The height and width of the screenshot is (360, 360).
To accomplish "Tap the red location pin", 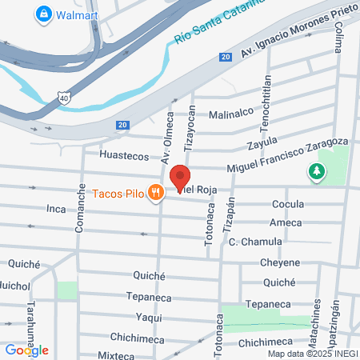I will click(x=181, y=177).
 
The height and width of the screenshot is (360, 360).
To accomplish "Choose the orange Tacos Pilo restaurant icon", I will click(x=157, y=192).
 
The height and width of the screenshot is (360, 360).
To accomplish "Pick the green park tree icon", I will click(x=318, y=170).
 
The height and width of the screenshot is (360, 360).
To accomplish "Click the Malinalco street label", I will click(x=231, y=114).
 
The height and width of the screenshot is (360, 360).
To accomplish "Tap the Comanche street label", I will click(x=81, y=209).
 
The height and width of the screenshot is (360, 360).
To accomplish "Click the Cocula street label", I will click(x=288, y=204).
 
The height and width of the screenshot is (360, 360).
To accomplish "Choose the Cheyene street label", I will click(x=279, y=262).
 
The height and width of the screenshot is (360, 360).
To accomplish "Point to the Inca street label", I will click(x=55, y=209).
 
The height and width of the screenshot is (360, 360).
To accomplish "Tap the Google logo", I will click(x=26, y=350).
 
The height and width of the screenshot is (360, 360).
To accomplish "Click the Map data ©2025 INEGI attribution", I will click(x=312, y=354).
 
